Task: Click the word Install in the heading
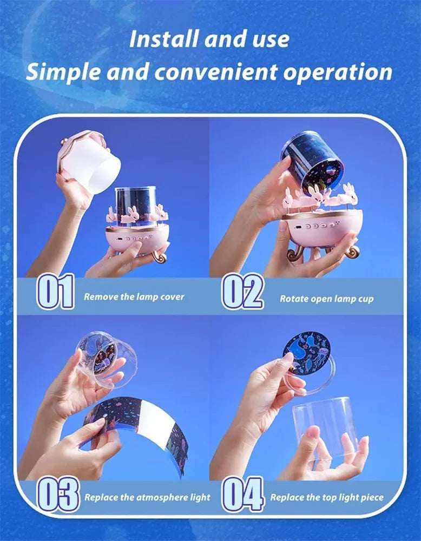[x=163, y=39]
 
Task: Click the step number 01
[x=55, y=291]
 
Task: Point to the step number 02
[x=242, y=291]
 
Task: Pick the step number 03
[x=58, y=494]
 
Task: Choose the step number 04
[x=243, y=494]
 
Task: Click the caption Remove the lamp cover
[x=134, y=296]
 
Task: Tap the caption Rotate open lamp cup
[x=326, y=299]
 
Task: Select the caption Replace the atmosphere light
[x=147, y=497]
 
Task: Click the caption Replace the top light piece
[x=327, y=497]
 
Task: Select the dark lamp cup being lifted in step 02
[x=312, y=161]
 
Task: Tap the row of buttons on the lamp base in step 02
[x=320, y=226]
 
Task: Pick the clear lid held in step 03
[x=107, y=359]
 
